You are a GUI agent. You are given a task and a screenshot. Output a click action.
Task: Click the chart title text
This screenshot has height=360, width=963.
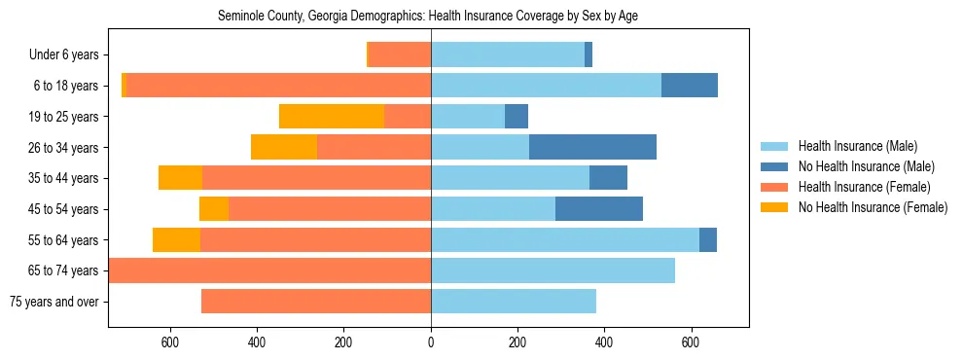(x=428, y=17)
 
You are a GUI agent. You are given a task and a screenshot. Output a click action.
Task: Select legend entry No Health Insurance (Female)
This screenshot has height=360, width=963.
(x=873, y=207)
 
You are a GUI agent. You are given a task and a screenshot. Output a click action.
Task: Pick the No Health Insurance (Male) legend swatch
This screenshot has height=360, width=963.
(x=774, y=166)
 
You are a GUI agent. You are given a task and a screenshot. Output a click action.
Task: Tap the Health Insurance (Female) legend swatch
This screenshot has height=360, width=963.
(x=774, y=187)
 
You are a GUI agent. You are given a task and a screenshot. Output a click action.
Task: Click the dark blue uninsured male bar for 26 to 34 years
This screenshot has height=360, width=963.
(x=592, y=147)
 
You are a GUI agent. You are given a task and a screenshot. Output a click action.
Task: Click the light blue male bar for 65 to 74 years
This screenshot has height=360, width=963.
(x=553, y=270)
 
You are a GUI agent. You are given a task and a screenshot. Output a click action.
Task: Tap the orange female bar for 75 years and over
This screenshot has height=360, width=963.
(x=316, y=302)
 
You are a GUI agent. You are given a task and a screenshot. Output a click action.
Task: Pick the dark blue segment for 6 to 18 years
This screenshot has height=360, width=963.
(x=690, y=86)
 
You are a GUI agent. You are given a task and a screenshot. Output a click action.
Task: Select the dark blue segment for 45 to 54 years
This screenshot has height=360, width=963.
(x=598, y=209)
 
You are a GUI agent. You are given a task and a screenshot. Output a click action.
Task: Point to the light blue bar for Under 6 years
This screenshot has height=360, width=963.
(x=508, y=55)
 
